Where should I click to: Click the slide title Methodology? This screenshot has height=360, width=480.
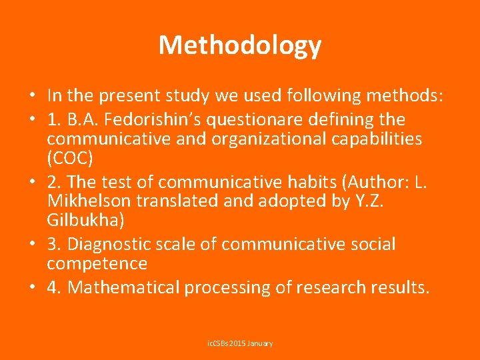coord(240,45)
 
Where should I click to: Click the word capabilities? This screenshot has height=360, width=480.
coord(371,139)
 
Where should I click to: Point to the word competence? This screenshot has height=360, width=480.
coord(97,264)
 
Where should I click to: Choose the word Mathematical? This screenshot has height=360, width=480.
coord(123,288)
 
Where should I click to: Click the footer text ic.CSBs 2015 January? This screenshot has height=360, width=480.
coord(240,343)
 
